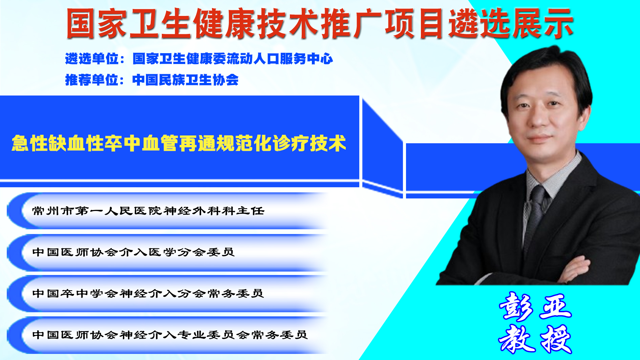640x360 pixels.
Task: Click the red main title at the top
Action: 319,23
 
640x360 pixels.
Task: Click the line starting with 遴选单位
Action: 199,59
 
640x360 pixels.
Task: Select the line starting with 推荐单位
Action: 152,80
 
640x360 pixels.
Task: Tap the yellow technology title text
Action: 179,143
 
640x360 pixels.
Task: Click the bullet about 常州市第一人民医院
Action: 148,211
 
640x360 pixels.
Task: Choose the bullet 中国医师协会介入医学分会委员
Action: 133,252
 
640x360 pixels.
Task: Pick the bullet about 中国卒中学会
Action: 148,294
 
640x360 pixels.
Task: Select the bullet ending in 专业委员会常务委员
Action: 170,335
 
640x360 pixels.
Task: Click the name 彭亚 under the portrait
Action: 535,306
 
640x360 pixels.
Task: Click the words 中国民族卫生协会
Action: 186,80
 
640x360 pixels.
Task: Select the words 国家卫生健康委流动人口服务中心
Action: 233,59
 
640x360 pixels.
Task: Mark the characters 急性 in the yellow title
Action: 30,143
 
